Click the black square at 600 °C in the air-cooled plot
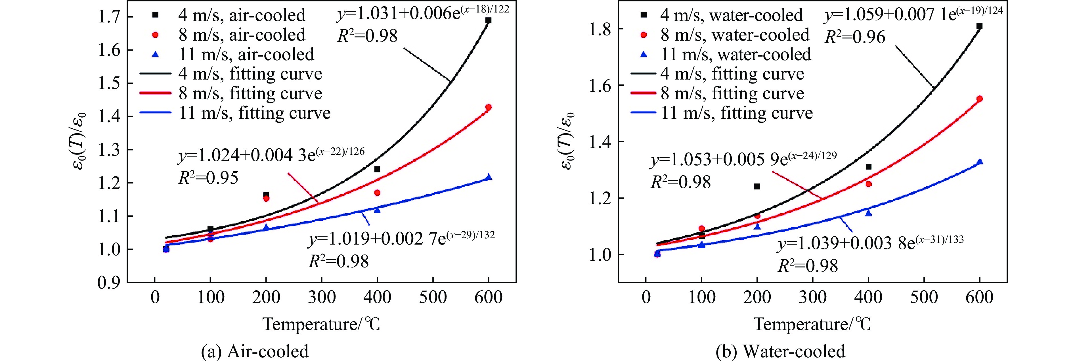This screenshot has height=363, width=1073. coord(489,20)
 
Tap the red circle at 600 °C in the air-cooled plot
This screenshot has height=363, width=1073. coord(489,107)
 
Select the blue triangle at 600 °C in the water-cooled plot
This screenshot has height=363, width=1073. coord(980,162)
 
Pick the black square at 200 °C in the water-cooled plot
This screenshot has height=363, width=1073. coord(757,186)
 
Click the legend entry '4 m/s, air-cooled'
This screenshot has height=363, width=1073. coord(242,15)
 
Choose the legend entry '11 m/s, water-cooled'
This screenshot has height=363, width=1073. coord(735,55)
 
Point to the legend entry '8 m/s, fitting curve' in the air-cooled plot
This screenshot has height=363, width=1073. coord(250,93)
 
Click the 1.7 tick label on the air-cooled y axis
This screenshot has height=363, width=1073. coord(109,17)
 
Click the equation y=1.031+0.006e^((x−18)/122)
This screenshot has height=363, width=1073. coord(423,13)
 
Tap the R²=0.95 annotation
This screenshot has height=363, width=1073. coord(208,178)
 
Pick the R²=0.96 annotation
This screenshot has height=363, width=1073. coord(855,37)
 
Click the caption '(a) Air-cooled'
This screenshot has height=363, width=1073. coord(255,351)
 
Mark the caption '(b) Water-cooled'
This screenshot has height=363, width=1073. coord(780,351)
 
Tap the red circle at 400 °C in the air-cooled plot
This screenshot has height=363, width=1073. coord(377,193)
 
